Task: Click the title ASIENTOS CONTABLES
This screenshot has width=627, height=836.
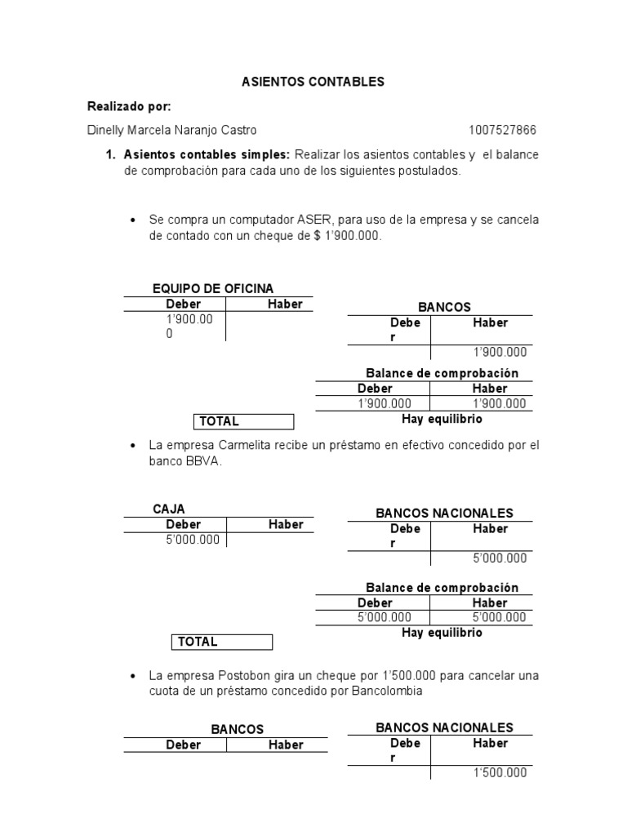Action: point(313,82)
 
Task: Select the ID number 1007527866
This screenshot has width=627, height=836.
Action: point(503,131)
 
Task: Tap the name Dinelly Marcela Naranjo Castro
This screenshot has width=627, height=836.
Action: point(171,131)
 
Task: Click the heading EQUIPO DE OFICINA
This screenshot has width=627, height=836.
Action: point(213,288)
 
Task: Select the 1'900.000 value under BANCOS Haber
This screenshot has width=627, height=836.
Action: point(500,353)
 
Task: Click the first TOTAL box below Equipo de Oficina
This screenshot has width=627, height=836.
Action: point(243,421)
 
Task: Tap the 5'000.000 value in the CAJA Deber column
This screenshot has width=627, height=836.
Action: point(193,540)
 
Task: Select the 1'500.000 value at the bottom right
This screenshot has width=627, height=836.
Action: point(500,773)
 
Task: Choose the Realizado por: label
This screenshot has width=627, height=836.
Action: point(129,107)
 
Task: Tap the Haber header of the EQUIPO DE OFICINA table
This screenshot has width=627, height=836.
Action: point(285,305)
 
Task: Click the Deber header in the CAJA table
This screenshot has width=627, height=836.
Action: point(183,524)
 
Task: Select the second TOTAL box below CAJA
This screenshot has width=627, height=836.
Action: point(222,642)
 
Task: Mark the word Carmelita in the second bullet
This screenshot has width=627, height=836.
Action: point(245,446)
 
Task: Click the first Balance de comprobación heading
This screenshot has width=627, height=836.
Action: point(442,373)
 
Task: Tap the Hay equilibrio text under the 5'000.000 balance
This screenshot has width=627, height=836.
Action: point(442,633)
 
